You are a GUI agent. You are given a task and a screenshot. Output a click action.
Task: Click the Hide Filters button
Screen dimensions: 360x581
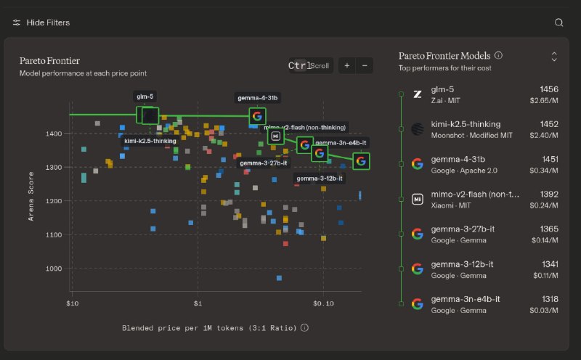(41, 22)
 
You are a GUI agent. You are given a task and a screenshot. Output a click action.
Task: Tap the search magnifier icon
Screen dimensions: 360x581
(558, 22)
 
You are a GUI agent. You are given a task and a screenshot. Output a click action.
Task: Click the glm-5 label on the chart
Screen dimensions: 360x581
(145, 96)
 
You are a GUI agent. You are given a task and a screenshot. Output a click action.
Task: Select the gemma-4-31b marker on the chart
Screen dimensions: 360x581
(257, 116)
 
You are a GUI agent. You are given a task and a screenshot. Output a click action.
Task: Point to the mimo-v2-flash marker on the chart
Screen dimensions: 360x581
(275, 136)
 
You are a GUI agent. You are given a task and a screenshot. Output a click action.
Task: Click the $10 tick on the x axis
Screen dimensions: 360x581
(72, 302)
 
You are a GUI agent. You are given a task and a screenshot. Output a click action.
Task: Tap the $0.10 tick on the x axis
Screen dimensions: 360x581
(323, 302)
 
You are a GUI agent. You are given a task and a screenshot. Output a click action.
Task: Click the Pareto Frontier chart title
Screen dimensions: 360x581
(49, 60)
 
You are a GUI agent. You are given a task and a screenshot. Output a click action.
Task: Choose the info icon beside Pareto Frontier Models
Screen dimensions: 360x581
(498, 55)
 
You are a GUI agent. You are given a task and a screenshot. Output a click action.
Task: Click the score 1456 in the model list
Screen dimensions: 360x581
(549, 89)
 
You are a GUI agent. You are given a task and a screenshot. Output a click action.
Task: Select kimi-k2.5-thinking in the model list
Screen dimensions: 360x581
(466, 124)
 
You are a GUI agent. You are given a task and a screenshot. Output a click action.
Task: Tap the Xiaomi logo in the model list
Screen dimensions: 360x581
(417, 199)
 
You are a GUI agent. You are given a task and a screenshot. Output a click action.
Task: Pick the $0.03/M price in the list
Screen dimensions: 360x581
(544, 311)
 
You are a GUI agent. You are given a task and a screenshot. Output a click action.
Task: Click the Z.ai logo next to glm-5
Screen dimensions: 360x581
(417, 94)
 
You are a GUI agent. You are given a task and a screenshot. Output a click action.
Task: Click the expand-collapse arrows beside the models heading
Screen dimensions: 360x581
(554, 56)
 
